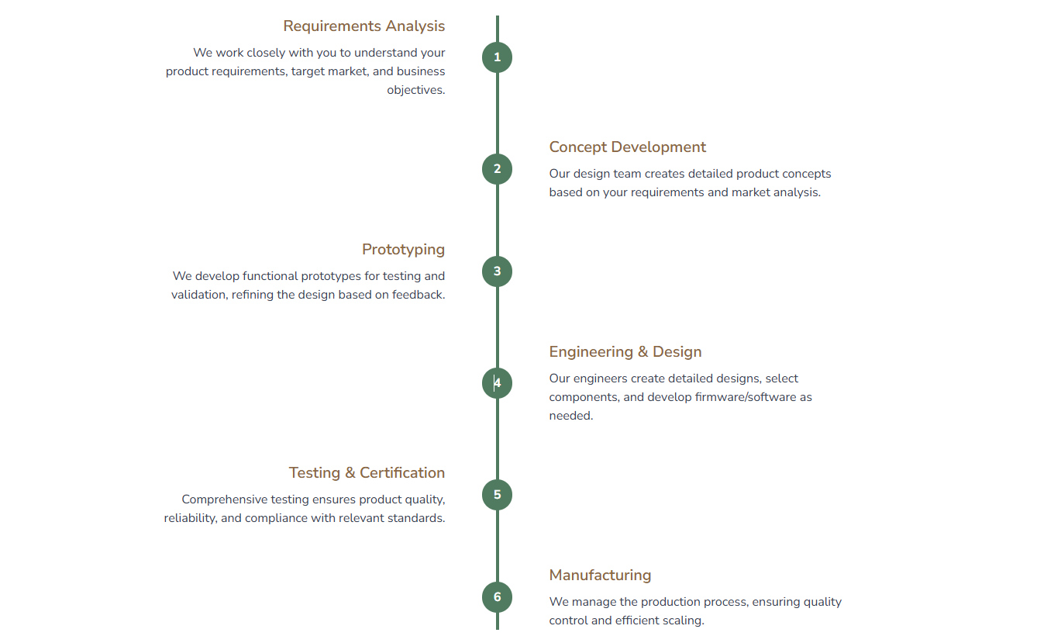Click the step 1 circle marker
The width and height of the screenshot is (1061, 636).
click(x=497, y=57)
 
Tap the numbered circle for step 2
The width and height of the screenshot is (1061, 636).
click(x=497, y=169)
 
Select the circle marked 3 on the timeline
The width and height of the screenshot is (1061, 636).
click(x=497, y=271)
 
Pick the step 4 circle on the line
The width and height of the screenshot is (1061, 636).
click(x=497, y=383)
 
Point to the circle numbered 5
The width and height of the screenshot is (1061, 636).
click(x=497, y=495)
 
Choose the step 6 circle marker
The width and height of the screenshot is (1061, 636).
click(x=497, y=597)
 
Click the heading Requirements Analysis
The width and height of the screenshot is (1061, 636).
click(x=363, y=26)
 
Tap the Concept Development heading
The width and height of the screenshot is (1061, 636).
click(x=627, y=147)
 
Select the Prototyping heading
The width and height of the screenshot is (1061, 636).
click(x=403, y=250)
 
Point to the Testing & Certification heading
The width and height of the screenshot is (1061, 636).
click(x=367, y=473)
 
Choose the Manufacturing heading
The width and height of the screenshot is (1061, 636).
click(x=600, y=576)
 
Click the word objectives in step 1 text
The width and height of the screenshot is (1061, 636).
click(x=415, y=90)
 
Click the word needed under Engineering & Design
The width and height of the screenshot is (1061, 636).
click(x=570, y=416)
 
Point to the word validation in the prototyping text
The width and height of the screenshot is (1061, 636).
click(x=199, y=295)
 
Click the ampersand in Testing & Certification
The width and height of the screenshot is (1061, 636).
click(x=350, y=473)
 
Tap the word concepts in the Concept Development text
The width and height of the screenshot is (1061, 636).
click(x=806, y=174)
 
